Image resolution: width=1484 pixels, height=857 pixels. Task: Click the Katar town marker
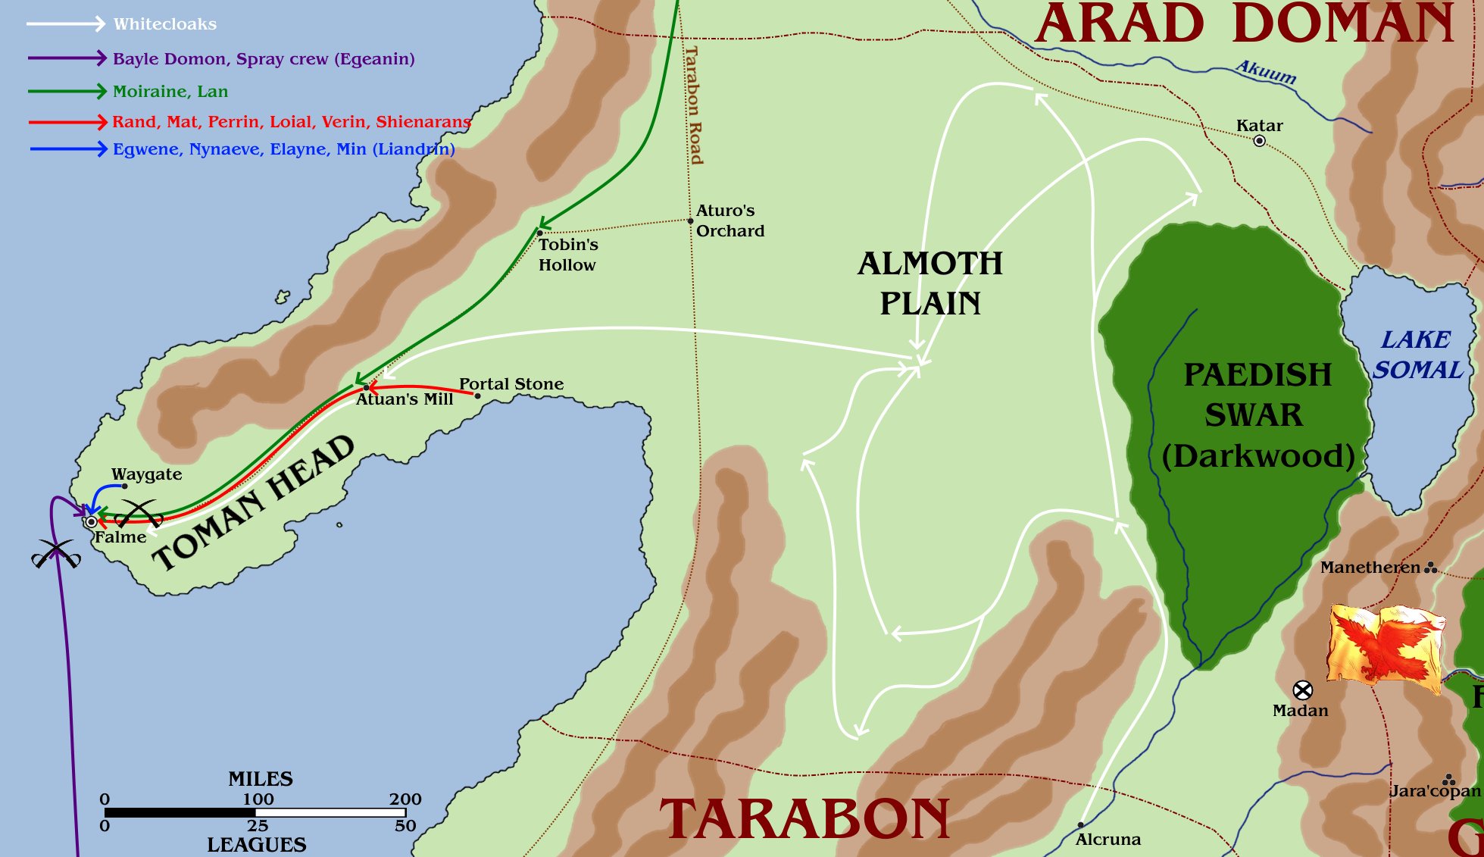(1259, 141)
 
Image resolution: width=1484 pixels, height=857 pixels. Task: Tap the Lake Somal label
(1416, 355)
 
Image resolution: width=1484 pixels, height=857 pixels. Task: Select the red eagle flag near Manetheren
(1386, 647)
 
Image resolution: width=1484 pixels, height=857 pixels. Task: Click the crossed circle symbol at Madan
(1302, 690)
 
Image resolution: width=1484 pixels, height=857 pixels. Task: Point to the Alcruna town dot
(1080, 825)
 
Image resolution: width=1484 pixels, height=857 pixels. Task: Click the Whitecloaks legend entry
(164, 24)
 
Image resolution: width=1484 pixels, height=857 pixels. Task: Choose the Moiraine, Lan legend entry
(170, 92)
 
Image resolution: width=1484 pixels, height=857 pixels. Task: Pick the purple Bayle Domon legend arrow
(67, 58)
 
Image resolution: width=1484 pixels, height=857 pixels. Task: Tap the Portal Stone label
(511, 384)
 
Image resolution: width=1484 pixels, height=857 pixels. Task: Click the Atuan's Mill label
(405, 399)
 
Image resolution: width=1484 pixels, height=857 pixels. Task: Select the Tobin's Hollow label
(567, 255)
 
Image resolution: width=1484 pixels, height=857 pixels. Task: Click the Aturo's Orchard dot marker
(690, 221)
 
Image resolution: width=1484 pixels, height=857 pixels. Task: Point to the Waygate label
(146, 474)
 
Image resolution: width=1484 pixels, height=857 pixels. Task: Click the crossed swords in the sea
(56, 554)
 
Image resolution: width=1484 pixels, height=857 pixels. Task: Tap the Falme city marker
(92, 522)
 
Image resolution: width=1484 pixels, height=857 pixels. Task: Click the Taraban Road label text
(693, 105)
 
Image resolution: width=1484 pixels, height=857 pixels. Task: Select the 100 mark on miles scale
(258, 799)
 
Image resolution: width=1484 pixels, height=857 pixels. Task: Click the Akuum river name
(1266, 73)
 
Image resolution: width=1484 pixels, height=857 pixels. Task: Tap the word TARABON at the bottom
(804, 820)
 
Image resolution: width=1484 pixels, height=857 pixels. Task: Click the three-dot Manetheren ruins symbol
(1430, 568)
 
